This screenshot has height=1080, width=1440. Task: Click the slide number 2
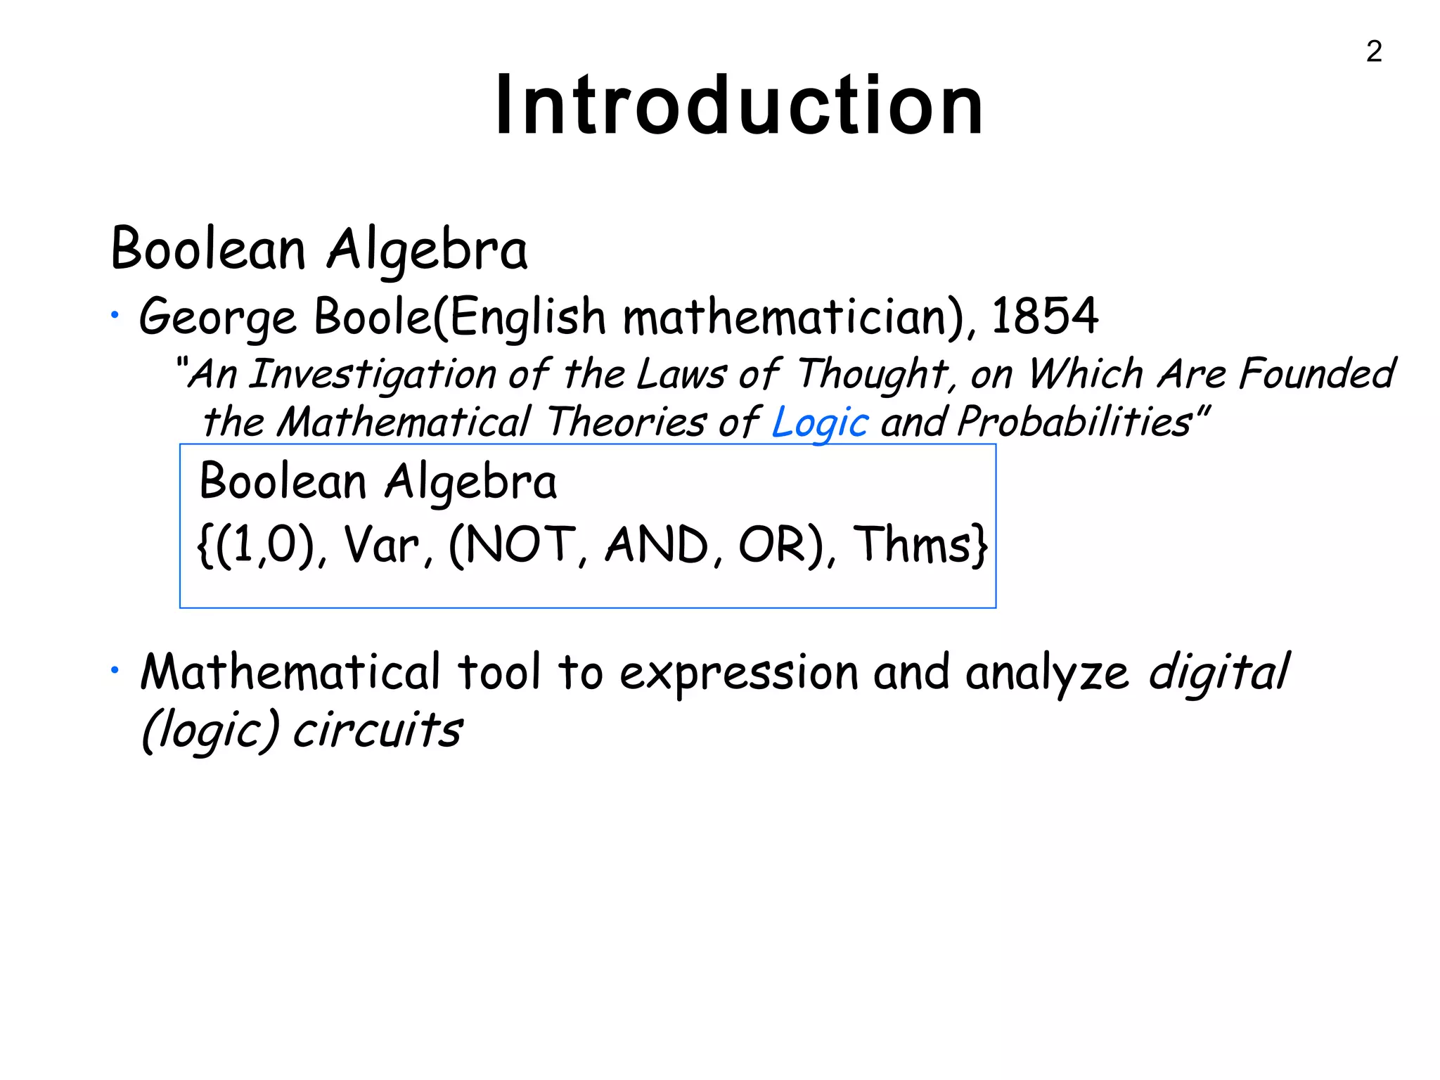[1374, 51]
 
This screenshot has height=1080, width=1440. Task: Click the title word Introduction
[739, 106]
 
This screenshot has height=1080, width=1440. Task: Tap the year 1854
[1044, 316]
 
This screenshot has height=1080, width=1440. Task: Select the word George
[217, 318]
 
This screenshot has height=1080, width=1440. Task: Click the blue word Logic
[820, 423]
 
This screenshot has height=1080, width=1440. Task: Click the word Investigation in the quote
[373, 374]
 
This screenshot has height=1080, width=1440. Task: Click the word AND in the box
[657, 546]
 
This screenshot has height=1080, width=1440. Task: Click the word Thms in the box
[914, 546]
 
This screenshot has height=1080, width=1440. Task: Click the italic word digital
[1219, 672]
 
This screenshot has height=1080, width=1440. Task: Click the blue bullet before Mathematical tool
[114, 671]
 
